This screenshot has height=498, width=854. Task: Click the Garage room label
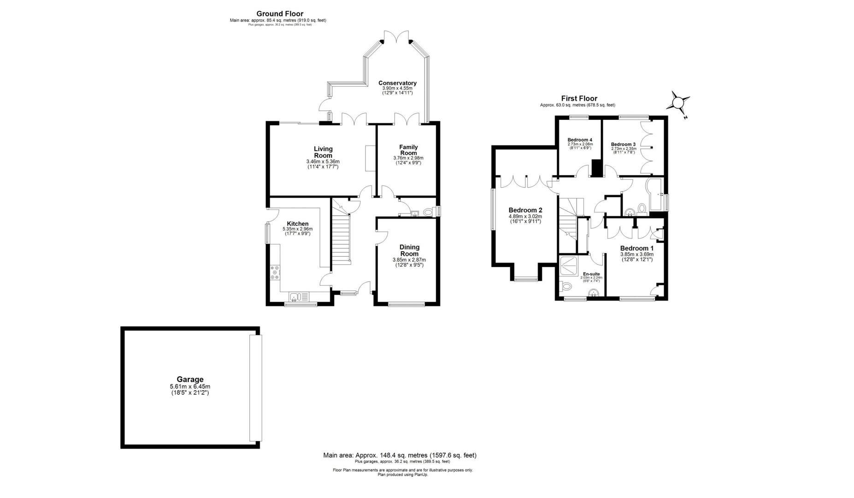coord(190,379)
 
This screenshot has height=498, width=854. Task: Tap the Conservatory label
coord(397,83)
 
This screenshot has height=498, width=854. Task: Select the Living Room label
coord(323,152)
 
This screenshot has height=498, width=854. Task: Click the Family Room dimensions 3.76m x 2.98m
coord(408,158)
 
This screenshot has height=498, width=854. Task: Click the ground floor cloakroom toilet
coord(429,212)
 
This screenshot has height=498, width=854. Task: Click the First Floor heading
coord(579,98)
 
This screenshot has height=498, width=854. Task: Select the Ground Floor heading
coord(280,14)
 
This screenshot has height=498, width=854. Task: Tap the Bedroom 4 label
coord(579,140)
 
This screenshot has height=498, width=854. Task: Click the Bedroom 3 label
coord(623,144)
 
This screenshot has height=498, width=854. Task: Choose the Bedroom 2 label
coord(525,210)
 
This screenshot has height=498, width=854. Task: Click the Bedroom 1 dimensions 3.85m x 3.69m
coord(636,254)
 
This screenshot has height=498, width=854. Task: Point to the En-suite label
coord(591,274)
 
